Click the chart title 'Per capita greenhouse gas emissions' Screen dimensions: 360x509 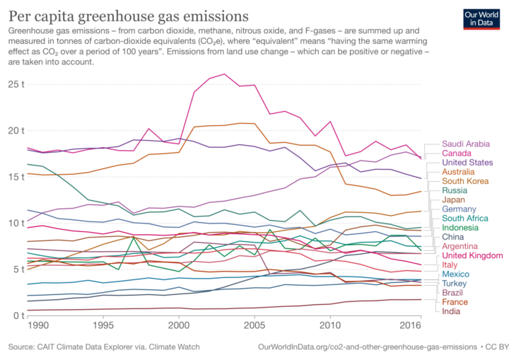click(128, 15)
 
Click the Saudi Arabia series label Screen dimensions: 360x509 click(467, 143)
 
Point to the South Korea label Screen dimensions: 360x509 click(466, 181)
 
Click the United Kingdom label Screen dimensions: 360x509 click(472, 255)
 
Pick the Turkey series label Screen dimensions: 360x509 click(456, 283)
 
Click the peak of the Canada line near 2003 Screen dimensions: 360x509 click(225, 74)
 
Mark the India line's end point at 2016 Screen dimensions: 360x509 click(421, 299)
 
